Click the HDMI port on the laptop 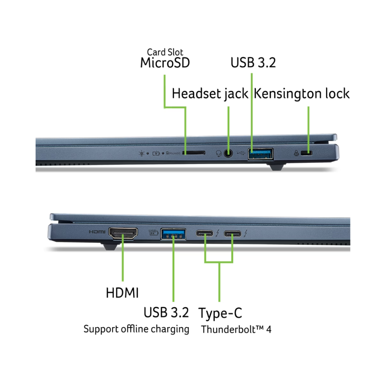[123, 233]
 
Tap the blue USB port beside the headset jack [260, 153]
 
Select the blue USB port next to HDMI [173, 233]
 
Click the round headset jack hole [228, 153]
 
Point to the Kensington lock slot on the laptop [309, 153]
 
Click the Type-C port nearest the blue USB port [205, 234]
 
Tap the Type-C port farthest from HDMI [233, 234]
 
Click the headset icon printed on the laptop [218, 153]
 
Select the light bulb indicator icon [141, 153]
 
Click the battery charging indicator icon [158, 153]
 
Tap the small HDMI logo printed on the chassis [97, 232]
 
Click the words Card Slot [165, 52]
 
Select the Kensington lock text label [302, 94]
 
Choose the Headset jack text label [210, 94]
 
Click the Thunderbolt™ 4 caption [236, 330]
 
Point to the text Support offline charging [136, 329]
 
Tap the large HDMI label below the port [122, 293]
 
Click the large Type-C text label [220, 313]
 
